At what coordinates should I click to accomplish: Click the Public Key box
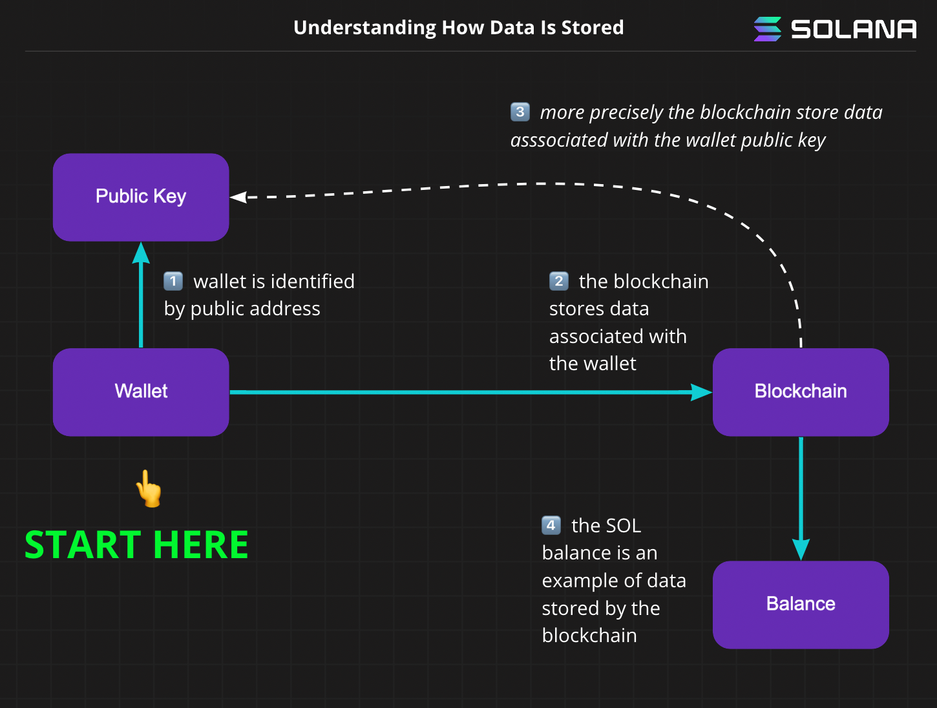(141, 197)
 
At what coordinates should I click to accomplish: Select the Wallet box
(141, 392)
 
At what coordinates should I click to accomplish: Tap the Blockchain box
(801, 392)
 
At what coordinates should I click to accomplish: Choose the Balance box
(801, 605)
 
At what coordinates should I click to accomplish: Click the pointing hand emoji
(149, 488)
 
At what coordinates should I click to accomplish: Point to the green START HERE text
(136, 545)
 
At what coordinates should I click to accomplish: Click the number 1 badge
(173, 281)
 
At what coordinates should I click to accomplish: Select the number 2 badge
(558, 281)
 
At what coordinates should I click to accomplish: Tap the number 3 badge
(520, 112)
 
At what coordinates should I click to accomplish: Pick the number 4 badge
(551, 525)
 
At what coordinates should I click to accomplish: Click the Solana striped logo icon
(768, 29)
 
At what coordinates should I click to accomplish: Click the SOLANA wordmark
(854, 30)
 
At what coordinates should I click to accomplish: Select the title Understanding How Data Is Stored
(458, 28)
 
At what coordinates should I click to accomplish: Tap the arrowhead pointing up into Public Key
(141, 253)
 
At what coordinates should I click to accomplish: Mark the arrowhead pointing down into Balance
(801, 549)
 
